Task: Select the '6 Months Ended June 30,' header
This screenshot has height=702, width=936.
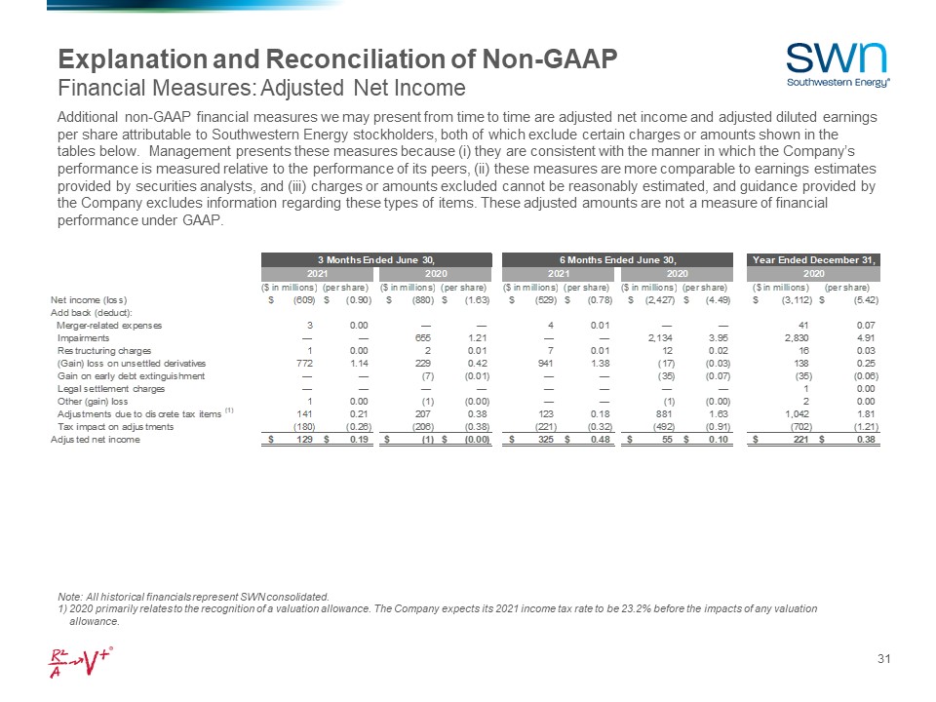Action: pos(616,259)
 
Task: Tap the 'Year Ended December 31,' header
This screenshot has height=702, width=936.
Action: pos(814,259)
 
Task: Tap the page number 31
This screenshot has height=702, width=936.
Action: pos(884,662)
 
